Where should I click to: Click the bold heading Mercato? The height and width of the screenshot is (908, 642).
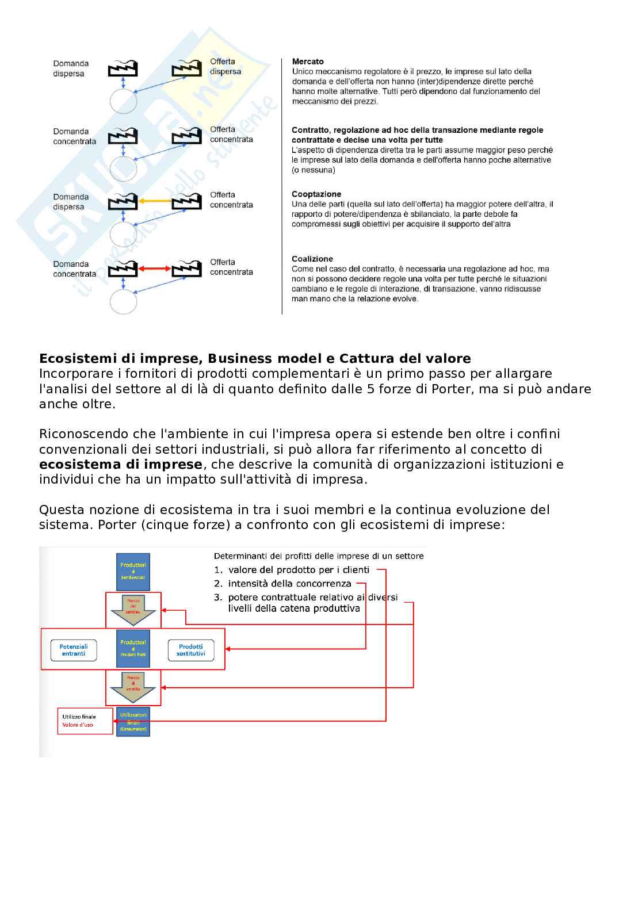tap(308, 62)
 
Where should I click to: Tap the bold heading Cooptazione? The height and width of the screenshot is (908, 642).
tap(316, 194)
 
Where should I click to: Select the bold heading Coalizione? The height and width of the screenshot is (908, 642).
tap(312, 259)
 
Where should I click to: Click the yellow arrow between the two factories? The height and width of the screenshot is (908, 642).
tap(155, 201)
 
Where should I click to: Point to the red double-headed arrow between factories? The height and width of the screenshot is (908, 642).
tap(155, 269)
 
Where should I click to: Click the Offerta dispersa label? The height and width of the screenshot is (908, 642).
tap(225, 67)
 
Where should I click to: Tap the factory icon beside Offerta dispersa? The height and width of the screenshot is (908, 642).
tap(186, 69)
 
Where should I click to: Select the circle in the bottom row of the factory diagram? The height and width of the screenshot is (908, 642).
tap(123, 301)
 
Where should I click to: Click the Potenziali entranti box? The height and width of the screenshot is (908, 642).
tap(74, 650)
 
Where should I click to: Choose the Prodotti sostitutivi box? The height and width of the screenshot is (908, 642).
tap(191, 650)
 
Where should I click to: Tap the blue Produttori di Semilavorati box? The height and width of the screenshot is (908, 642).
tap(133, 572)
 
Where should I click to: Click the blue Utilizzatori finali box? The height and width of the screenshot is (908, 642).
tap(133, 722)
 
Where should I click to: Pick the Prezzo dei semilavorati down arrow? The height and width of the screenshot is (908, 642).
tap(133, 610)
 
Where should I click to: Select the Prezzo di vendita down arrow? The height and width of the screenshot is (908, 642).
tap(133, 687)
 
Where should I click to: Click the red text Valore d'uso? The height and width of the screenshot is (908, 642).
tap(78, 725)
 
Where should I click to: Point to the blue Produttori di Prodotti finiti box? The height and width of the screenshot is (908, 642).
tap(133, 649)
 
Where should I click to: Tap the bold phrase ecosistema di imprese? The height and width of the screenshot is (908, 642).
tap(121, 465)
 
